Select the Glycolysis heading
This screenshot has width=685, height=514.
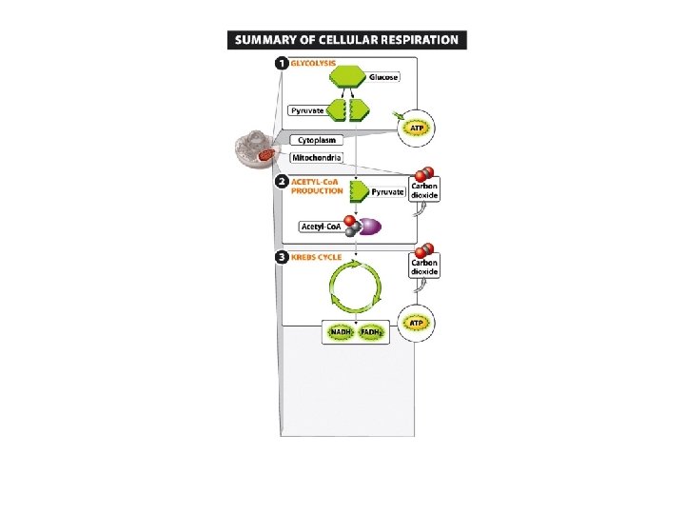coord(313,64)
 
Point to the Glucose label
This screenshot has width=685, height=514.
coord(385,77)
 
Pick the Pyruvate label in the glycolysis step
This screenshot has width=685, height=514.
coord(308,111)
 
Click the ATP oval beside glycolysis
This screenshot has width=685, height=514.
coord(416,127)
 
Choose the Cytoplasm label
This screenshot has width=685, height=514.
coord(317,140)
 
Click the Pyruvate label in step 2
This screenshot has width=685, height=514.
coord(387,192)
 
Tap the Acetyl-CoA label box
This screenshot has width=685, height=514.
coord(320,227)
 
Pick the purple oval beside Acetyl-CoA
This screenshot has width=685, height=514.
coord(367,227)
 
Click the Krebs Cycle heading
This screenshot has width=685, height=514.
coord(318,257)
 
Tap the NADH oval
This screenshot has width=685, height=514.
coord(340,332)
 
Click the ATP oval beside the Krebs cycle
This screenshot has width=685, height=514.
coord(416,325)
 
